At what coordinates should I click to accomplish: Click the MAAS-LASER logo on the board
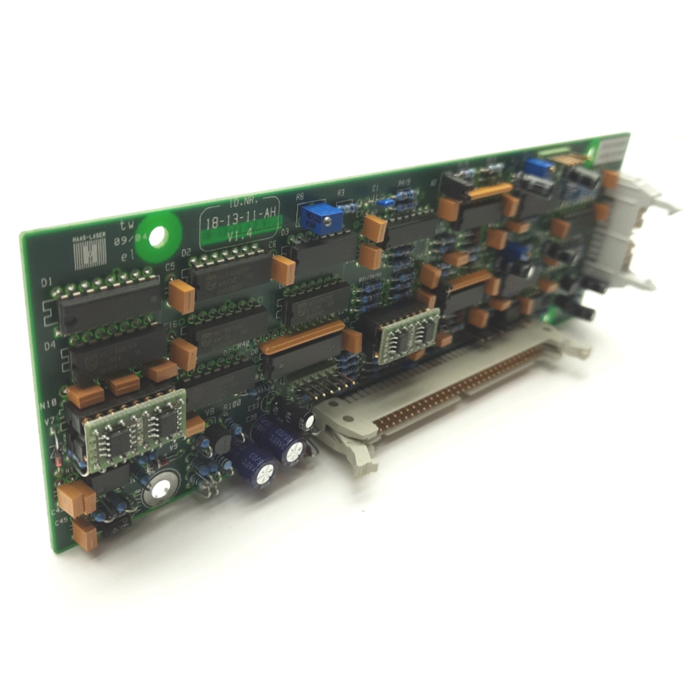point(89,249)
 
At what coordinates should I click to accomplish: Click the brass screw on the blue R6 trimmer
point(328,220)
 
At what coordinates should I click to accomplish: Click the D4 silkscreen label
point(50,346)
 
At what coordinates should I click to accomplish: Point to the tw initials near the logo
point(127,225)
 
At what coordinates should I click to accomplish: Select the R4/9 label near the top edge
point(404,183)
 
